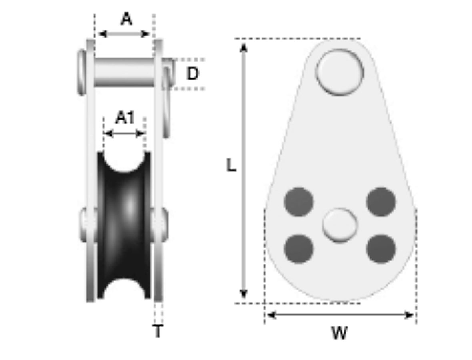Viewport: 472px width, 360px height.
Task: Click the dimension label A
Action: point(126,19)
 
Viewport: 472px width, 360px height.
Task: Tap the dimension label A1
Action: point(125,118)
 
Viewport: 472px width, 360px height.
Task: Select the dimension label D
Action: point(192,74)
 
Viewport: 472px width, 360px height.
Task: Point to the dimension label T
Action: point(158,331)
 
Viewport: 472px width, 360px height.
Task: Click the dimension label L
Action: point(231,166)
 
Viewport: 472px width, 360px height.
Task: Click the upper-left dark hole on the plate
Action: point(298,202)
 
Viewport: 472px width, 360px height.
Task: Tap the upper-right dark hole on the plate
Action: point(381,202)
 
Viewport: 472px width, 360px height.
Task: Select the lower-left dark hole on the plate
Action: point(298,249)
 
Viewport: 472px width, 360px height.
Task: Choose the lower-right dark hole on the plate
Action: point(381,249)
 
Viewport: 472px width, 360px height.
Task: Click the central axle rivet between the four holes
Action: point(340,225)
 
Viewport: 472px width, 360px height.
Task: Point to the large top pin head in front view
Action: point(340,72)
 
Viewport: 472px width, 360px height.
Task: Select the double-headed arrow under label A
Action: point(124,34)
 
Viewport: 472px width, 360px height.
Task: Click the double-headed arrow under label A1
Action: point(124,134)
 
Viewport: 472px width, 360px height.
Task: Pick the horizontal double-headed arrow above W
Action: point(340,315)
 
